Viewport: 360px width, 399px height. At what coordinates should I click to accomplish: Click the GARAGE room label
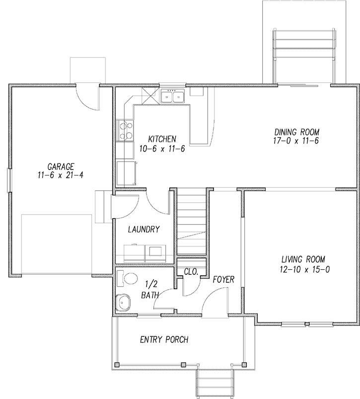click(61, 166)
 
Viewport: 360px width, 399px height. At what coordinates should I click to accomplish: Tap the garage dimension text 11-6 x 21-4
click(61, 175)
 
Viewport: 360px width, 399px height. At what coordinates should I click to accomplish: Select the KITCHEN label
click(162, 140)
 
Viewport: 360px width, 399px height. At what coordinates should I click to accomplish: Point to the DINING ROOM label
click(297, 132)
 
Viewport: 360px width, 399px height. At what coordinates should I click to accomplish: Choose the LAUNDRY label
click(144, 230)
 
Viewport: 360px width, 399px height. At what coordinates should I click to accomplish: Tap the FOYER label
click(223, 279)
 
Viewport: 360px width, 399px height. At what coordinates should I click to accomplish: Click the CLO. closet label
click(191, 272)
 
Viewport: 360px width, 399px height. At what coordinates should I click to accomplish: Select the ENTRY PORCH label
click(164, 340)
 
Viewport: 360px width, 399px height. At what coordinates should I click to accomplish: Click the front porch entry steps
click(215, 384)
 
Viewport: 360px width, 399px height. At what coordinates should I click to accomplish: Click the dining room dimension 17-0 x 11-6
click(297, 141)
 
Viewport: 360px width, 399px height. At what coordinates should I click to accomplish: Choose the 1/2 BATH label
click(150, 290)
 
